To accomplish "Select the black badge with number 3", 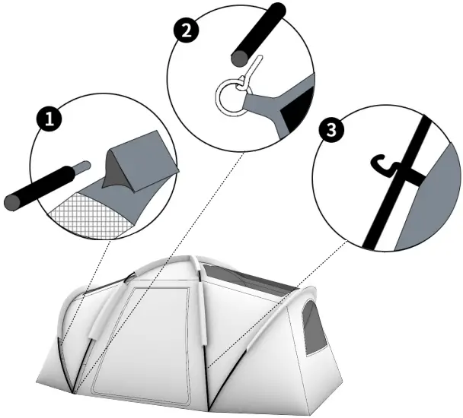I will click(x=329, y=129).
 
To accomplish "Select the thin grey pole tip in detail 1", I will click(x=86, y=165).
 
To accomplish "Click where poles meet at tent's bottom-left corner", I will click(x=74, y=391).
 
